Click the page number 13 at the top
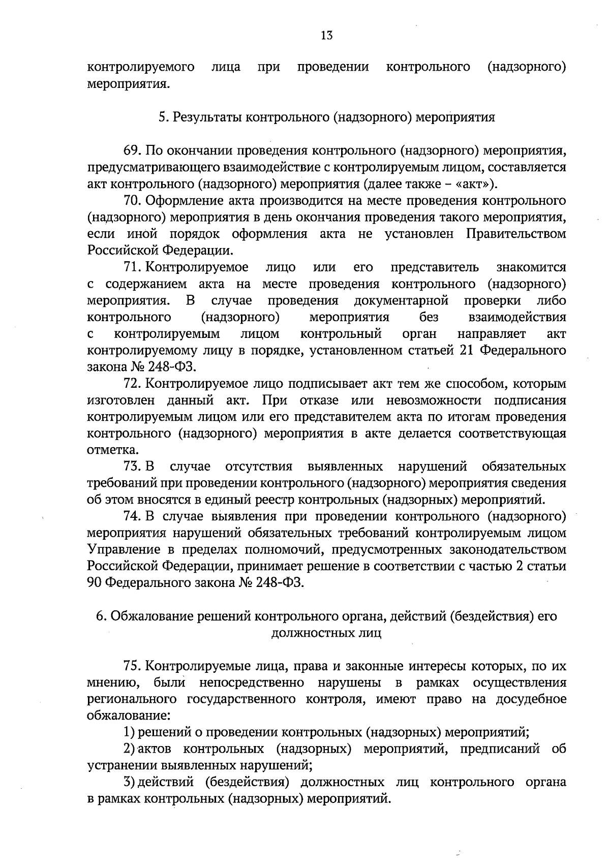(327, 36)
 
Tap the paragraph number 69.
(132, 151)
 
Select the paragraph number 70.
(132, 201)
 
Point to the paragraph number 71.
(131, 267)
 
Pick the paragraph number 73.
(131, 467)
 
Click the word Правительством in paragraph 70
(515, 234)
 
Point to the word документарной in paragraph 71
(401, 301)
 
